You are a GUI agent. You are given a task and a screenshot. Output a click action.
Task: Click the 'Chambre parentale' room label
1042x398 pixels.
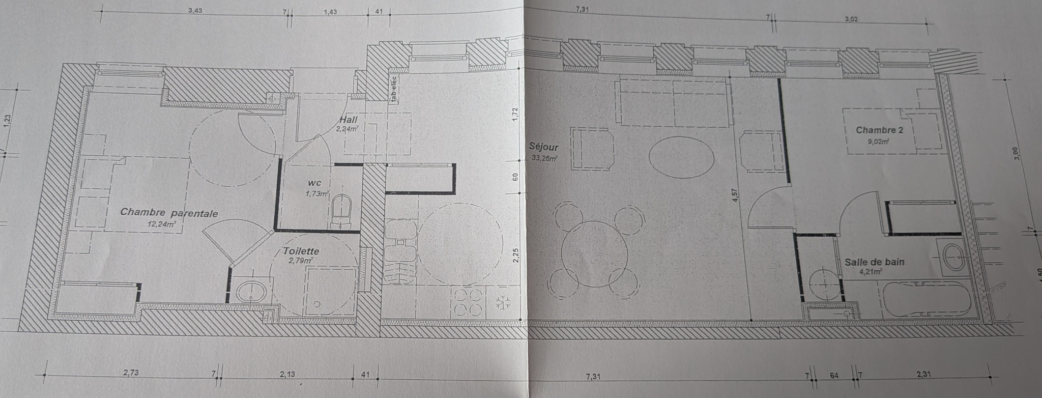[169, 213]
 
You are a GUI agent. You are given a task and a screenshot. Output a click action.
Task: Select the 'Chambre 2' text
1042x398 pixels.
[879, 130]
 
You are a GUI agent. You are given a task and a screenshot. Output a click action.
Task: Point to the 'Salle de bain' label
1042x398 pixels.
[875, 262]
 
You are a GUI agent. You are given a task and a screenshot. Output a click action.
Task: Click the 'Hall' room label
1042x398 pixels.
[349, 120]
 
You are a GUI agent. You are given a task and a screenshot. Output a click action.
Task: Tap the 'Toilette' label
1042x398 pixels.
[301, 251]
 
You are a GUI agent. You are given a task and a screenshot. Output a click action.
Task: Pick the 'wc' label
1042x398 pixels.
[314, 183]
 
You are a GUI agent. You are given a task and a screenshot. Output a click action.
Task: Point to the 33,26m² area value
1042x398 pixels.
[544, 158]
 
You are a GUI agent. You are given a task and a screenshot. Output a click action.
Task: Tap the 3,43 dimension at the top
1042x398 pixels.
[195, 11]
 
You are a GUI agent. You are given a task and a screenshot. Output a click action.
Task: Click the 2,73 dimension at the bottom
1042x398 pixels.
[131, 373]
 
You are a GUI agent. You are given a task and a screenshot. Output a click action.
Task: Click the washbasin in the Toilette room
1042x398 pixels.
[251, 292]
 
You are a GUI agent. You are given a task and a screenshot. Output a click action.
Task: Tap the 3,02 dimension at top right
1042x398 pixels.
[851, 20]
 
